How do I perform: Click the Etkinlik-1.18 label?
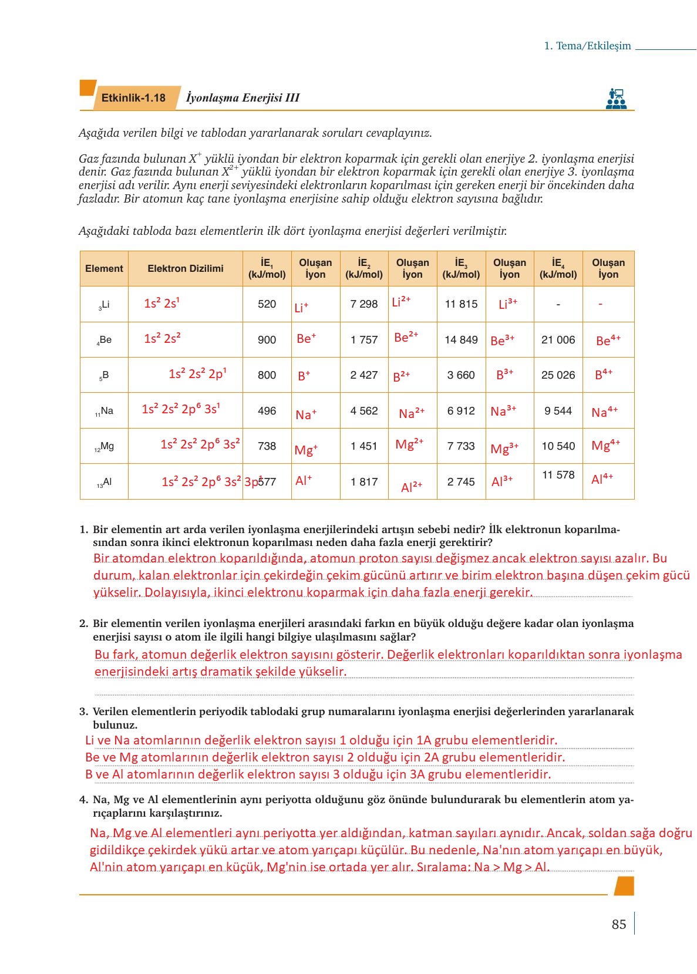click(x=133, y=98)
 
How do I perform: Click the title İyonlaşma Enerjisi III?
click(x=243, y=98)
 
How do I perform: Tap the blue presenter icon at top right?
click(x=616, y=98)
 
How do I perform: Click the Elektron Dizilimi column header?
click(x=185, y=269)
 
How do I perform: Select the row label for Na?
click(x=104, y=411)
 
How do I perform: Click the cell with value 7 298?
click(x=364, y=304)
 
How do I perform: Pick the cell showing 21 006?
click(x=558, y=340)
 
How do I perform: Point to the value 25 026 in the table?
click(x=558, y=375)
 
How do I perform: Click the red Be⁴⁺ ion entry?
click(x=608, y=341)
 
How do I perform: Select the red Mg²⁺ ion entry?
click(x=409, y=444)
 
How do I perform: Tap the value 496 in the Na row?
click(x=267, y=411)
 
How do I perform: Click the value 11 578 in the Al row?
click(x=558, y=475)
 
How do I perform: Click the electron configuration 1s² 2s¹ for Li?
click(x=161, y=303)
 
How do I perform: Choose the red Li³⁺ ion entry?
click(x=508, y=304)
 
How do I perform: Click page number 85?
click(x=619, y=924)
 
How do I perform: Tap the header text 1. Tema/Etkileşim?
click(x=587, y=46)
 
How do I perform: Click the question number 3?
click(x=83, y=712)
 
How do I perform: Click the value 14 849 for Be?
click(x=461, y=340)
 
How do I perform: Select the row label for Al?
click(x=104, y=482)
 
